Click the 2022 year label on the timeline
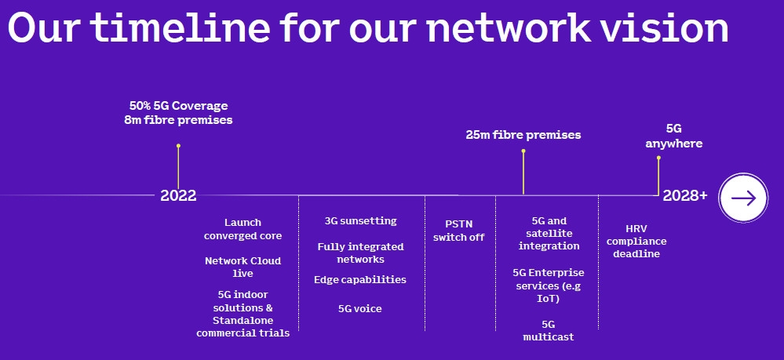[x=178, y=195]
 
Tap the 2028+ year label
[x=684, y=195]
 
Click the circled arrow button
[x=743, y=198]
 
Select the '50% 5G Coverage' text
[x=178, y=105]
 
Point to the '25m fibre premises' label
[x=523, y=135]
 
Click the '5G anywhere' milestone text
[x=673, y=135]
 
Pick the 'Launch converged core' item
[x=242, y=229]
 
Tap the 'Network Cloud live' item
[x=242, y=267]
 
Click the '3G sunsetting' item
[x=360, y=220]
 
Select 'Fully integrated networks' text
[x=360, y=253]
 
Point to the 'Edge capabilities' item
[x=360, y=279]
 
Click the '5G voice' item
[x=360, y=308]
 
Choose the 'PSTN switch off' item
[x=459, y=231]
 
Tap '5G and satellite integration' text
[x=549, y=233]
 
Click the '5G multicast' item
[x=549, y=329]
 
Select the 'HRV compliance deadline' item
[x=636, y=241]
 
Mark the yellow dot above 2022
[x=178, y=145]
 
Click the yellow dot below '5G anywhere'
[x=658, y=158]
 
